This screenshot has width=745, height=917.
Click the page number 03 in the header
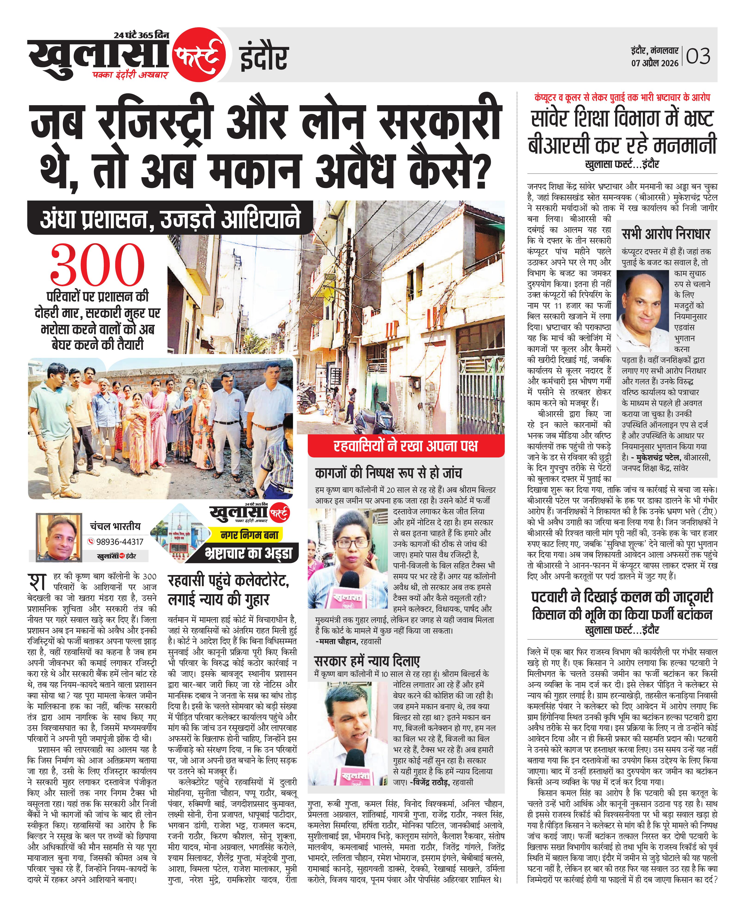click(698, 56)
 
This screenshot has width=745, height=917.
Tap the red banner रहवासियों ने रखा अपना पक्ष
click(406, 446)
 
